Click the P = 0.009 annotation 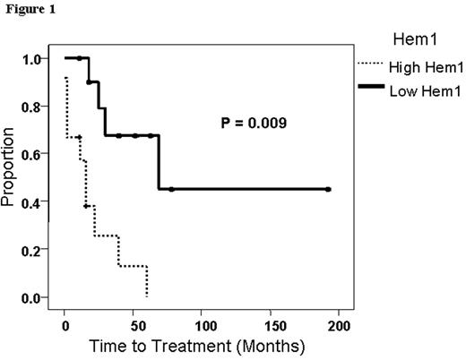pos(255,123)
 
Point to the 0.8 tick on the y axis pos(33,107)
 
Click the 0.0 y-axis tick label pos(33,297)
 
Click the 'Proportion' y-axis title pos(10,178)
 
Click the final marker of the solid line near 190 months pos(328,189)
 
